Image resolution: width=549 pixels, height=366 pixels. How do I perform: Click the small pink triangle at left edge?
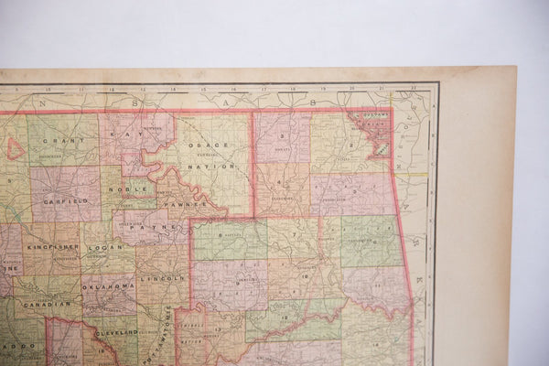(x=15, y=148)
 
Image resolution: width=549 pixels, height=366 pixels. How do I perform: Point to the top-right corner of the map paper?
(x=515, y=68)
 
